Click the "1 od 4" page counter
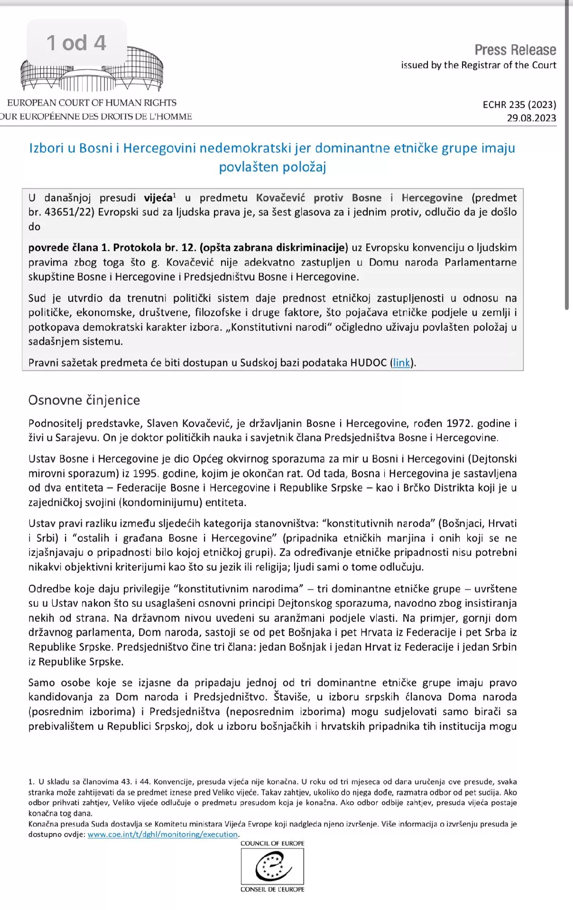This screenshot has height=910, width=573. [76, 43]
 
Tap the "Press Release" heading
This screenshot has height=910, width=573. [515, 50]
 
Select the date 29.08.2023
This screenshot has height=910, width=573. [531, 118]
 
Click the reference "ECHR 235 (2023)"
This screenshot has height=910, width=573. [519, 104]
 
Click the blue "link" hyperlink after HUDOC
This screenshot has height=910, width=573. [401, 363]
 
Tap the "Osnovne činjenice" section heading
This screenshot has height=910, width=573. [84, 400]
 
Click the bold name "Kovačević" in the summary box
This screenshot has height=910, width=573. [280, 198]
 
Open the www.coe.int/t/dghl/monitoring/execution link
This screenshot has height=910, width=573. [163, 834]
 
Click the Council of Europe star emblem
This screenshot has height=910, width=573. [272, 866]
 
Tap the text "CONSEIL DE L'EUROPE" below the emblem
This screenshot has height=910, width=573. [272, 889]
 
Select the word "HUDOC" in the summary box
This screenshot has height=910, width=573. [368, 363]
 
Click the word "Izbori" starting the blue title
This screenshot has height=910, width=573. [46, 148]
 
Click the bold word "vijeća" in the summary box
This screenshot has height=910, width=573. [158, 198]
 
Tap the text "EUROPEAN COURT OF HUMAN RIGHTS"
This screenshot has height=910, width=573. [92, 102]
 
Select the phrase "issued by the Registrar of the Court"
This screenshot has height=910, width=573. [478, 65]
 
